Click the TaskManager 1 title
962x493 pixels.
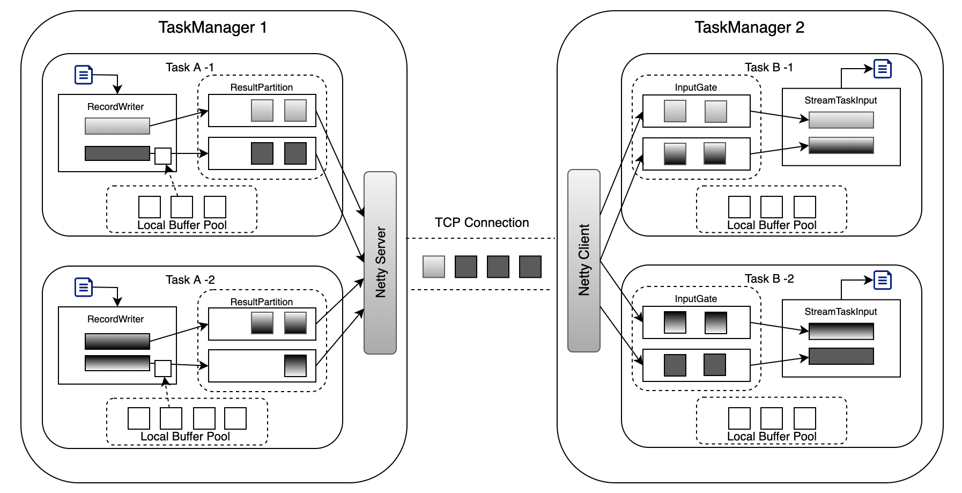(x=212, y=27)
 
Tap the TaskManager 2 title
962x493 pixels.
(x=749, y=27)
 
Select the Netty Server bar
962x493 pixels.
(x=380, y=262)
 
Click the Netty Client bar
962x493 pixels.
(x=583, y=261)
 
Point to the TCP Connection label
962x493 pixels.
(x=482, y=223)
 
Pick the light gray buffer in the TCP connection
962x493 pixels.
(x=433, y=267)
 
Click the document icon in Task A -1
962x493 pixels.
(x=84, y=75)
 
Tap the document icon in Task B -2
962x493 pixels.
(x=882, y=280)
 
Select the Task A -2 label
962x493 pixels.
(x=190, y=279)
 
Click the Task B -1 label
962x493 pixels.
(x=768, y=68)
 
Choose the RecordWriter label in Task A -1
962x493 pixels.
(x=115, y=107)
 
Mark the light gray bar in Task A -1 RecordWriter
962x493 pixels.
(x=117, y=126)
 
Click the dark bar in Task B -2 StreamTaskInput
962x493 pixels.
(x=841, y=356)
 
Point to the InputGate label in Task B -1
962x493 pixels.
(x=695, y=87)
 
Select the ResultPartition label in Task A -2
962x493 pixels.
(x=262, y=302)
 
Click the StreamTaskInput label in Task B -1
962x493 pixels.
(x=840, y=100)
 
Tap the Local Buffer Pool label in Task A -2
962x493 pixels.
(x=185, y=437)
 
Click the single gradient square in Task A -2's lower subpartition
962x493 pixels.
(x=295, y=366)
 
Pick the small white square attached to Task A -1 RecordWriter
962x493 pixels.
(x=163, y=156)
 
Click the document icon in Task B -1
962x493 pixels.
(x=882, y=69)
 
